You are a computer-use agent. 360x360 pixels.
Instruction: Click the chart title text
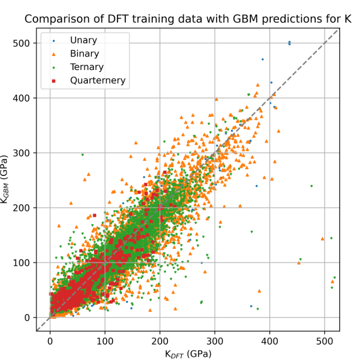coord(188,19)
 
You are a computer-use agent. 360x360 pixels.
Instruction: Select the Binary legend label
coord(84,54)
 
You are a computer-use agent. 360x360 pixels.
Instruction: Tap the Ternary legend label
coord(87,67)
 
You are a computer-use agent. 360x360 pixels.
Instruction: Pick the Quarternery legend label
coord(97,81)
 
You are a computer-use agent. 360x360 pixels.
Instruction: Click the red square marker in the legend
coord(53,81)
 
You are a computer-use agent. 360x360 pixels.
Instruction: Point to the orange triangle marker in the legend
coord(53,54)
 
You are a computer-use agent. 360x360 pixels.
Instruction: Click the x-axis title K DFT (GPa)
coord(188,354)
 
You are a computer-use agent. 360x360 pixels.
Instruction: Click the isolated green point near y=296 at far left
coord(83,154)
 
